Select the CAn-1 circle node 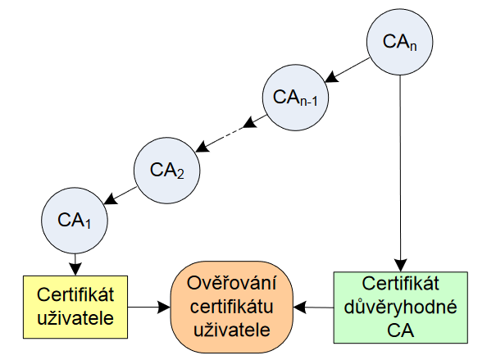pyautogui.click(x=295, y=98)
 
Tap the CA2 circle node pyautogui.click(x=169, y=170)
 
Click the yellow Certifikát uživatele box pyautogui.click(x=75, y=307)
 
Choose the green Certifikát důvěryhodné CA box pyautogui.click(x=399, y=307)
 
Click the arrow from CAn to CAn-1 pyautogui.click(x=348, y=70)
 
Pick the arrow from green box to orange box pyautogui.click(x=313, y=308)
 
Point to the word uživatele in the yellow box pyautogui.click(x=75, y=317)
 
